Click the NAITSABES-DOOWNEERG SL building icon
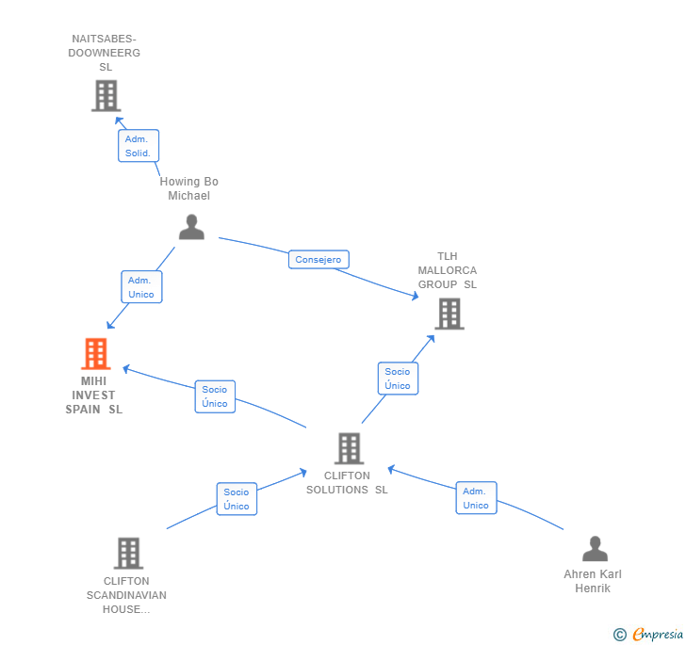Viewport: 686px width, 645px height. [x=106, y=95]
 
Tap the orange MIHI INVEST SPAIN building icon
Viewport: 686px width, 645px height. [x=95, y=354]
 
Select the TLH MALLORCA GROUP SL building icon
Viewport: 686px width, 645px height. [x=449, y=314]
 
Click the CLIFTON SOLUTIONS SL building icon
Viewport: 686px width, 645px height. [x=349, y=448]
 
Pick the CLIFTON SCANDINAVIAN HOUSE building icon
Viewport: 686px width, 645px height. [x=128, y=553]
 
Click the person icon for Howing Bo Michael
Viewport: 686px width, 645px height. [x=191, y=227]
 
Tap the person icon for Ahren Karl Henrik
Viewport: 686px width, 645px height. [x=595, y=548]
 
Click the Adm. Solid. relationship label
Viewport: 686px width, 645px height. [x=138, y=146]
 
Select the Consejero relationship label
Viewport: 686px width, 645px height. [x=318, y=260]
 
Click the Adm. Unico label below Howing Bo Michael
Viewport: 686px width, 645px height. [x=140, y=287]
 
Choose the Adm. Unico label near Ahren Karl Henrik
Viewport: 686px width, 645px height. [x=476, y=498]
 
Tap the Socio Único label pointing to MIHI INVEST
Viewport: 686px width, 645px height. [x=215, y=396]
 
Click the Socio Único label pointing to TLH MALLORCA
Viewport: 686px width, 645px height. [x=398, y=379]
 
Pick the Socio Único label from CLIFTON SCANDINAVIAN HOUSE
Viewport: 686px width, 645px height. [x=237, y=499]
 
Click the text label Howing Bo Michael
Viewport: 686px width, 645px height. [x=188, y=188]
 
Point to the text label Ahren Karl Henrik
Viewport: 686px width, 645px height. [x=593, y=581]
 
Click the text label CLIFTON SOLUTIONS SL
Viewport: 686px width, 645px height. [x=347, y=483]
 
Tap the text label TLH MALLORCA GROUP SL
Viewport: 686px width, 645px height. [x=448, y=270]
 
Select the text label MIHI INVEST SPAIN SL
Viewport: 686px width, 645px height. [x=94, y=395]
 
